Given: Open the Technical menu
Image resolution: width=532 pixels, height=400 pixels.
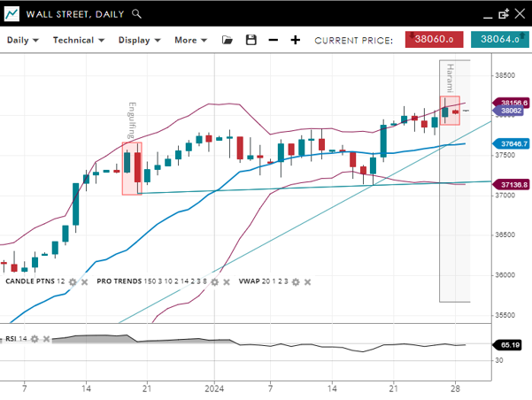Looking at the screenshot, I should point(78,40).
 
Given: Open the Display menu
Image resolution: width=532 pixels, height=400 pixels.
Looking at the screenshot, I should point(139,40).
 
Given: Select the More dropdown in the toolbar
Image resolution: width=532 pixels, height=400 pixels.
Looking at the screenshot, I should point(190,40).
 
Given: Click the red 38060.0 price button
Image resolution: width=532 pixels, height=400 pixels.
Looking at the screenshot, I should point(435,39).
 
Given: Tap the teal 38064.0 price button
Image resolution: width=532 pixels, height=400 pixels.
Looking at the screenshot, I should point(499,39).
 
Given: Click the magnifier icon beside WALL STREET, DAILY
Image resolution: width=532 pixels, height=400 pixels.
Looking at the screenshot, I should point(135,14).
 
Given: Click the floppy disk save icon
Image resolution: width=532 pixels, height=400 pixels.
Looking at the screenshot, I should point(251,40).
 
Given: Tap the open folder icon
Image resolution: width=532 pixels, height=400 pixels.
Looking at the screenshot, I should point(227,40).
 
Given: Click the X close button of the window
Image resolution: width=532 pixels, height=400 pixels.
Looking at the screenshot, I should point(520,13).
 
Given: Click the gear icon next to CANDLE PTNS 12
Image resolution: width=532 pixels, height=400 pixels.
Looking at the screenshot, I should point(73,281).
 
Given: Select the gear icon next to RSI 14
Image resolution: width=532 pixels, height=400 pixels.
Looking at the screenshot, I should point(35,339).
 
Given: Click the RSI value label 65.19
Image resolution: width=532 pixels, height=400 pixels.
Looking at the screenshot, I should point(509,344).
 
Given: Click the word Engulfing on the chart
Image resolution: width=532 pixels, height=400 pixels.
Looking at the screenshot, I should point(132,120).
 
